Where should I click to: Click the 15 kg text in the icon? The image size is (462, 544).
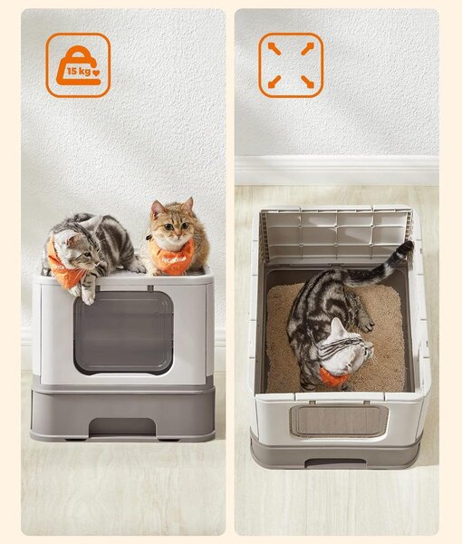pos(79,71)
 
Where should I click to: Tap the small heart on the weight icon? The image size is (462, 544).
pos(96,73)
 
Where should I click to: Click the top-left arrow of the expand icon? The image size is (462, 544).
pos(274,49)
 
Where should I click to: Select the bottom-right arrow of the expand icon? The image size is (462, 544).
pos(307,82)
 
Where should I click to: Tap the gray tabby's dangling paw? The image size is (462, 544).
pos(88,297)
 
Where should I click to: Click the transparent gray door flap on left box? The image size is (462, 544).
pos(123,333)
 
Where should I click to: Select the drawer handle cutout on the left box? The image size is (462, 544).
pos(122,426)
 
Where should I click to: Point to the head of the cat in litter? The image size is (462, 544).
pos(347,349)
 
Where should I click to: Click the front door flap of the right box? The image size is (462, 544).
pos(339,421)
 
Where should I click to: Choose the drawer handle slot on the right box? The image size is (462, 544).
pos(335,462)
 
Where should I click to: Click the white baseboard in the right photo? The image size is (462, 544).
pos(337,170)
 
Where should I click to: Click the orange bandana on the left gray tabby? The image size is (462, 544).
pos(66,267)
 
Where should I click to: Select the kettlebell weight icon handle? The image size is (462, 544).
pos(80,52)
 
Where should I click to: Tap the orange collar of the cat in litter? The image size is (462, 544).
pos(332,377)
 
